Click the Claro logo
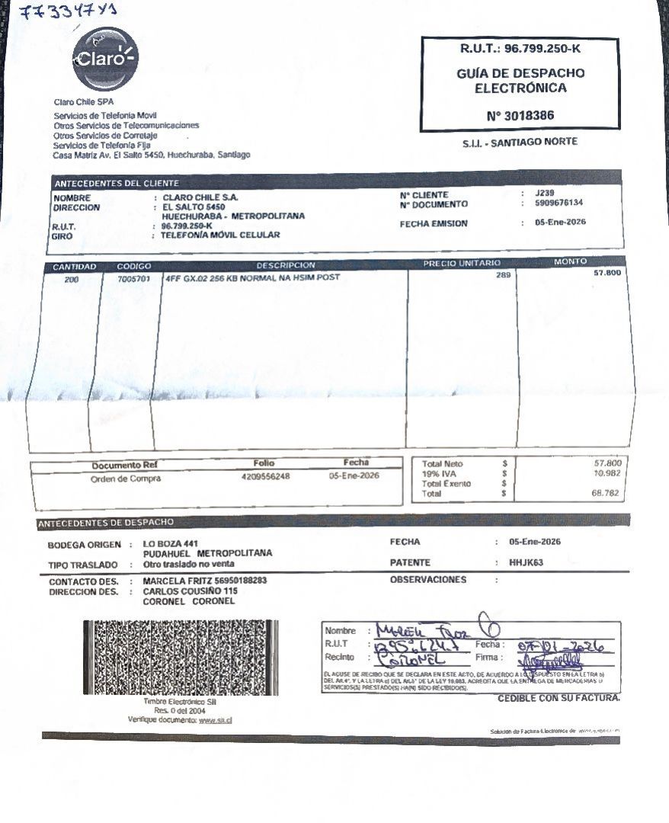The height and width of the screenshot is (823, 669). [105, 58]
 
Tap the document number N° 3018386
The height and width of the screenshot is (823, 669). [520, 116]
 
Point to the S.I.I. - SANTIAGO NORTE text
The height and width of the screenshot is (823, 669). [520, 142]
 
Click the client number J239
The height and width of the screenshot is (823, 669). [545, 194]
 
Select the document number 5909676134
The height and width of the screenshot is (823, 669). [559, 203]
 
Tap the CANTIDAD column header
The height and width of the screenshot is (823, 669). [74, 266]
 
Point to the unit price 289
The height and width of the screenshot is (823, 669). [503, 275]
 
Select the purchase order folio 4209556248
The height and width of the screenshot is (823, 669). [265, 476]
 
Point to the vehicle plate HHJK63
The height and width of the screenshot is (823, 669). [526, 562]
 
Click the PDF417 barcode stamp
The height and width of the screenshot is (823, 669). [181, 657]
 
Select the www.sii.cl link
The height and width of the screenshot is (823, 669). [214, 719]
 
